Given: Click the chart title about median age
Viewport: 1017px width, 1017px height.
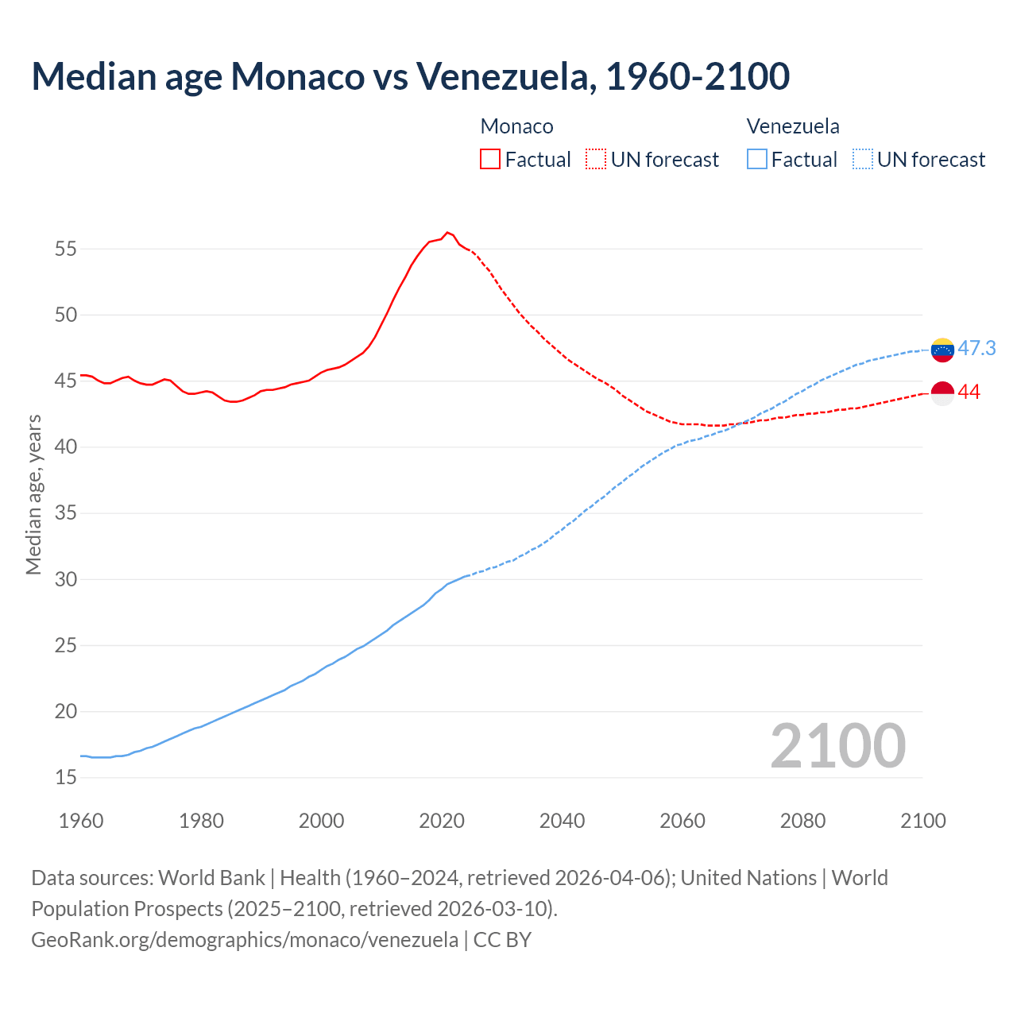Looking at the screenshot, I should (410, 76).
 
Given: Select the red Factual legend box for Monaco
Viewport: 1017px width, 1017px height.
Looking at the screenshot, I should (490, 160).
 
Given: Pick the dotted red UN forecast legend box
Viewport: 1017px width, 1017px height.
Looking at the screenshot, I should (596, 160).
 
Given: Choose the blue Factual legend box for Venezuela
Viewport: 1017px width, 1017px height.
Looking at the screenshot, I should (757, 160).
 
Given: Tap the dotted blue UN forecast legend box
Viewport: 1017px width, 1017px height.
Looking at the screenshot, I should (863, 160).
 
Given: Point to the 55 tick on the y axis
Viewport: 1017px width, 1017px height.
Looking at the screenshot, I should (66, 249).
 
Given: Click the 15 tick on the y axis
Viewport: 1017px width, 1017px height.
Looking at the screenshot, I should (66, 778).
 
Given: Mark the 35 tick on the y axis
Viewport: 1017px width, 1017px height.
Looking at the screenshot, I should (66, 513).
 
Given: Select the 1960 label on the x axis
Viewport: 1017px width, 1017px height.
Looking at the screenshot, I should (81, 821).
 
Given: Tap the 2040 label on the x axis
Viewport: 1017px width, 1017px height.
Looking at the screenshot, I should (562, 821).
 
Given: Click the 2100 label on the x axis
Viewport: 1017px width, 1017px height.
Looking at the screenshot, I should (922, 821).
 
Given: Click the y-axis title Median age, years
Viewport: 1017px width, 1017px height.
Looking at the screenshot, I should (33, 494).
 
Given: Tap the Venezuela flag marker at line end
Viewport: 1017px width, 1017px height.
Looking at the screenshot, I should (942, 350).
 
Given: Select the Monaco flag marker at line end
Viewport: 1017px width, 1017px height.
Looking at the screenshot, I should (942, 393).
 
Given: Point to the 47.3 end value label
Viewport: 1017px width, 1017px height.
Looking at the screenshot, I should (976, 349).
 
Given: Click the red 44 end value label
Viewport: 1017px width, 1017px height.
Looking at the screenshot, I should (969, 392).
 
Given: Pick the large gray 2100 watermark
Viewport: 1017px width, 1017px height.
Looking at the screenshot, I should (837, 746).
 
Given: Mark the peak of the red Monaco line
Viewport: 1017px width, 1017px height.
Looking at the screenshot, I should (447, 232).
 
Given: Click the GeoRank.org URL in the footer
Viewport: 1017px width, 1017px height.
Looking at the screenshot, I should (245, 940).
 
